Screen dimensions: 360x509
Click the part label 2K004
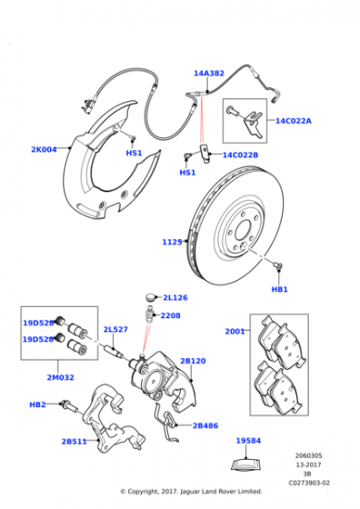click(44, 149)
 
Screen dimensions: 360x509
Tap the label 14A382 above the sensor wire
click(209, 74)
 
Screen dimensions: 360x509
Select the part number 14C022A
click(294, 121)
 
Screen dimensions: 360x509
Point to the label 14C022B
click(240, 155)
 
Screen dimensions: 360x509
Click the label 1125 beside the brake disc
click(172, 242)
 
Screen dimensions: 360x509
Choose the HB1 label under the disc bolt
click(279, 289)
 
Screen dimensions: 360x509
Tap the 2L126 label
click(175, 297)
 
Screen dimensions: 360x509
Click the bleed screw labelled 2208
click(150, 314)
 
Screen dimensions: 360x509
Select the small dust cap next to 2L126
click(150, 297)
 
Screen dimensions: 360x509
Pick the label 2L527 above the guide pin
click(115, 329)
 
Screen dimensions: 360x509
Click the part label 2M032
click(60, 377)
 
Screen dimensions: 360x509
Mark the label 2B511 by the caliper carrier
click(75, 442)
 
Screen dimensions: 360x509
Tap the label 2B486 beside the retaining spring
click(205, 425)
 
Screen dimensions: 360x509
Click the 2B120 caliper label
click(193, 361)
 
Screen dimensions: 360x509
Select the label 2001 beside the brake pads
click(235, 331)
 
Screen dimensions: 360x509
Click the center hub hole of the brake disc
click(243, 230)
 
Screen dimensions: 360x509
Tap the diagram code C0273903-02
click(309, 483)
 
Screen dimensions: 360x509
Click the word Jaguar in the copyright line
click(190, 492)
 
